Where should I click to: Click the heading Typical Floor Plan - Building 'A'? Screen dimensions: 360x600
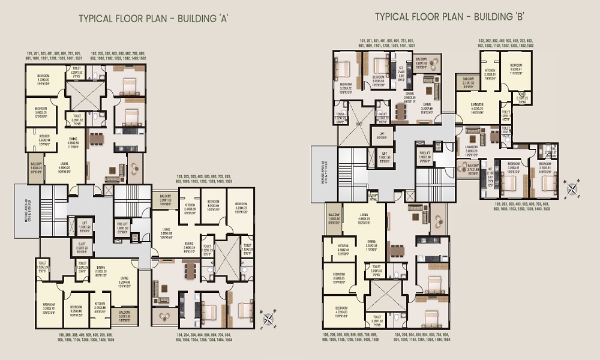pos(154,19)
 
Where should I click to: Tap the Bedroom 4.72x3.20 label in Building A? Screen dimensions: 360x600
pos(43,82)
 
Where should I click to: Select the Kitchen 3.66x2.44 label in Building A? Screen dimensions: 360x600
pos(43,140)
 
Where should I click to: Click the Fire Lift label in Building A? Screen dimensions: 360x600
pos(122,226)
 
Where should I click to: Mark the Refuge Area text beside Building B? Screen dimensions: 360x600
pos(323,178)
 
